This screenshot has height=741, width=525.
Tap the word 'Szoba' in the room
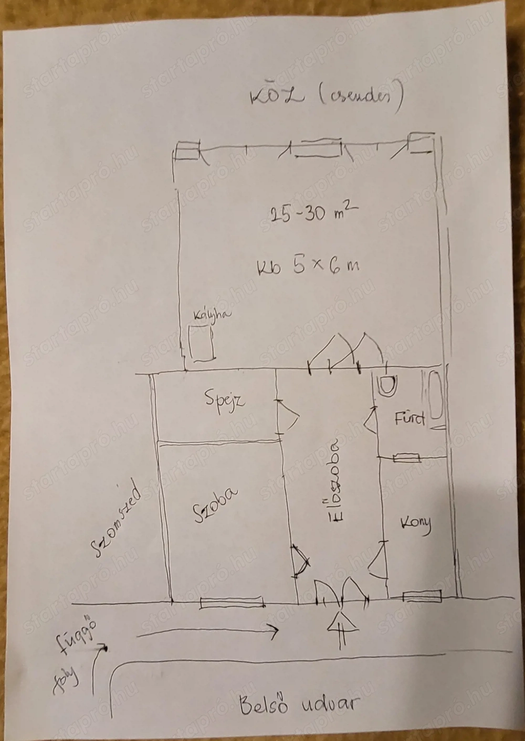coord(216,506)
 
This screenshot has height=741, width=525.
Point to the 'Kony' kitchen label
coord(416,524)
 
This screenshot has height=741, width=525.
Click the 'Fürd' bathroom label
coord(410,419)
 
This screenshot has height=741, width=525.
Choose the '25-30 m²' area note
coord(313,213)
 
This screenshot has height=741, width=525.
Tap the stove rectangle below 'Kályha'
coord(202,343)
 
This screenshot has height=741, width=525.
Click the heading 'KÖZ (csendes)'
coord(326,98)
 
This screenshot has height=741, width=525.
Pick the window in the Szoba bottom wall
coord(232,603)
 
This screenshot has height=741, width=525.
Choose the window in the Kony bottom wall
coord(423,596)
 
